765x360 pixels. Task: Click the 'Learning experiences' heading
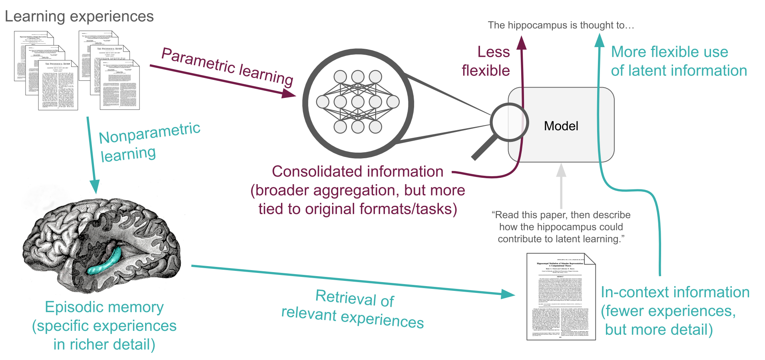(79, 17)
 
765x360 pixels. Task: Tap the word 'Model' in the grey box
(561, 126)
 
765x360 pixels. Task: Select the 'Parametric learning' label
(227, 67)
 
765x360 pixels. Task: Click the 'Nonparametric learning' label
(149, 142)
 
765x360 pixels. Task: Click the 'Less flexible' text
(486, 61)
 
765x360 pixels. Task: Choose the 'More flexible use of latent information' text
(678, 61)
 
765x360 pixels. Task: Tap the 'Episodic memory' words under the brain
(104, 307)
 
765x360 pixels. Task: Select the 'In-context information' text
(675, 292)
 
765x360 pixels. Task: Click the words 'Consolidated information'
(357, 171)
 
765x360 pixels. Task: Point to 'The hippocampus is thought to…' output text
(561, 25)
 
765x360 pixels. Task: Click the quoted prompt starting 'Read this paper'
(561, 227)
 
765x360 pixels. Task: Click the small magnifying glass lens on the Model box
(510, 122)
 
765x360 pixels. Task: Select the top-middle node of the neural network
(358, 76)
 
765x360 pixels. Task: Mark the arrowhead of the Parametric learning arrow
(289, 93)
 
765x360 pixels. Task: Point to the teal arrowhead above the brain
(95, 186)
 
